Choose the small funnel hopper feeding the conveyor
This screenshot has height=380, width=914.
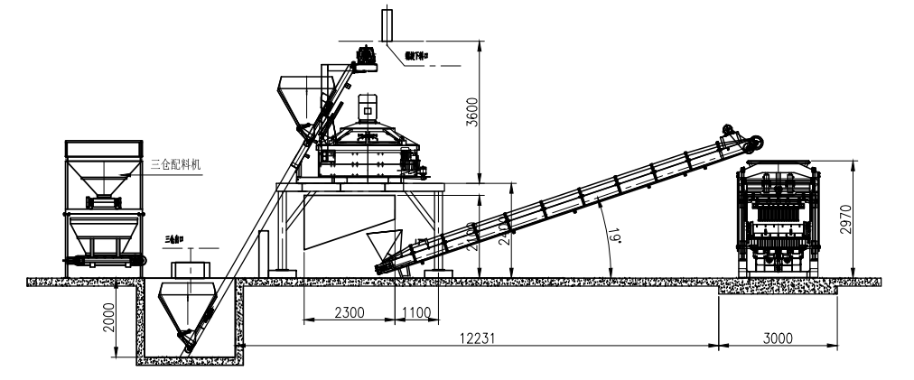coord(384,246)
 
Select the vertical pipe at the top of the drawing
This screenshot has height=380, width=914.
coord(388,23)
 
